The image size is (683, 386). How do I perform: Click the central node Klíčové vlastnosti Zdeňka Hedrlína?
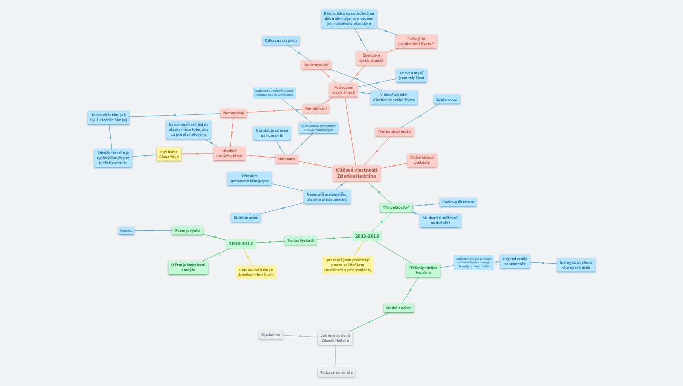(357, 173)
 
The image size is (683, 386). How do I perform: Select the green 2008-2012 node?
(241, 244)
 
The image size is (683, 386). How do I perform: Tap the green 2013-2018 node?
(367, 236)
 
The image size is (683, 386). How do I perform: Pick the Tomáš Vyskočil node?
(301, 240)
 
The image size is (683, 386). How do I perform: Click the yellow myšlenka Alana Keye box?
(169, 154)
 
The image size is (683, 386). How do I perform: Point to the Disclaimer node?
(271, 334)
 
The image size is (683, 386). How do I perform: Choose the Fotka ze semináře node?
(336, 372)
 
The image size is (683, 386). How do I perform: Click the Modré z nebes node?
(399, 308)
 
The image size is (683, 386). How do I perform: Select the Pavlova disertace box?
(458, 202)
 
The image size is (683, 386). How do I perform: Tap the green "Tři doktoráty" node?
(396, 207)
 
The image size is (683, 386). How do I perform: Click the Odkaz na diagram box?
(281, 41)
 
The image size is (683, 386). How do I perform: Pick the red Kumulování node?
(316, 108)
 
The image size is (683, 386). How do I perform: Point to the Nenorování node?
(234, 113)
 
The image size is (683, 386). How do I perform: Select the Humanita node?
(287, 159)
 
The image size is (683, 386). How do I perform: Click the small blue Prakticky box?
(126, 231)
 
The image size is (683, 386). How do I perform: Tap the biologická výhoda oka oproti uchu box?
(576, 265)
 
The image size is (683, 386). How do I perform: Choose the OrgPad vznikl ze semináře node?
(515, 261)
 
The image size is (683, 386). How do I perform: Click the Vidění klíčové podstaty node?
(422, 160)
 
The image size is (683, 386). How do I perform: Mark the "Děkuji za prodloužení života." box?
(416, 41)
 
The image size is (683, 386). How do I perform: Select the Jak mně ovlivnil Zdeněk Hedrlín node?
(335, 338)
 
